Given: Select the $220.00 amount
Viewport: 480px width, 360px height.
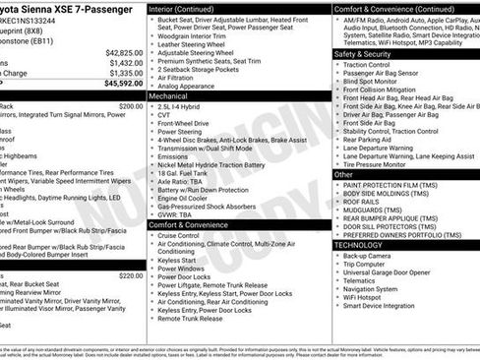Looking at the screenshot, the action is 131,248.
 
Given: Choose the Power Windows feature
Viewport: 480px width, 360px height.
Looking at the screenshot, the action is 180,268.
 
